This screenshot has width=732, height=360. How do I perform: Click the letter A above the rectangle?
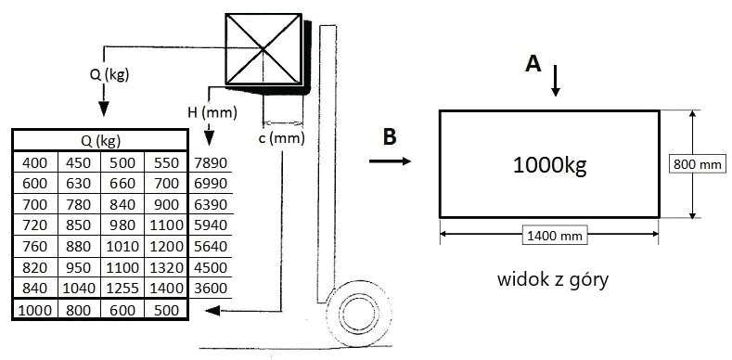[x=533, y=63]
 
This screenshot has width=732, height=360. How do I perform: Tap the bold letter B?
[x=390, y=136]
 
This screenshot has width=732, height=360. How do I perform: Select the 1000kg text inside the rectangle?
[x=549, y=165]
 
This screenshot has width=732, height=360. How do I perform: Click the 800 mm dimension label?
[x=697, y=164]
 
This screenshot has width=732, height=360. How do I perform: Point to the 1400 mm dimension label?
[x=555, y=237]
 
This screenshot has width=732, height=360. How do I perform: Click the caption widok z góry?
[x=553, y=279]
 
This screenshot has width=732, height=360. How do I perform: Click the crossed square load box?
[x=263, y=49]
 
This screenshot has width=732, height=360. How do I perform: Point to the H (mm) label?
[x=212, y=112]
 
